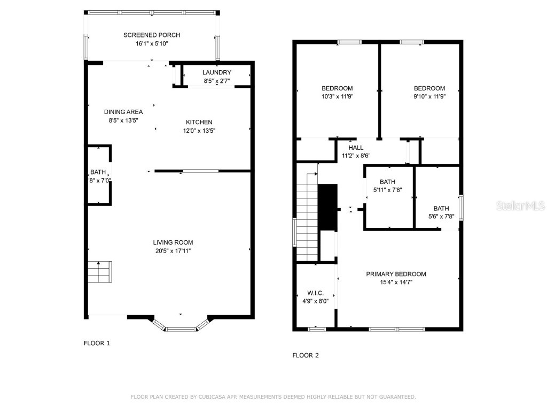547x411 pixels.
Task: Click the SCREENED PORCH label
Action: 152,35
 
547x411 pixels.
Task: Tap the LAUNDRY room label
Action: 216,73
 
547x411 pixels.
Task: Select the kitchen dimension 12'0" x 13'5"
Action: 199,131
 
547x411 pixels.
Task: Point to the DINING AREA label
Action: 123,112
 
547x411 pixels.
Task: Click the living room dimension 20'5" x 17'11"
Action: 173,250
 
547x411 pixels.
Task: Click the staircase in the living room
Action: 100,272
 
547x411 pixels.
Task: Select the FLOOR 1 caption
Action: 97,343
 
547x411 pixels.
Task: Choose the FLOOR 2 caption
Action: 306,355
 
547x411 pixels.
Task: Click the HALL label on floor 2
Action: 356,148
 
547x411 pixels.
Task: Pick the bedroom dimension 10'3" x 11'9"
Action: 337,97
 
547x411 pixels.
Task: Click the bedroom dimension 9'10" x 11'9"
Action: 429,97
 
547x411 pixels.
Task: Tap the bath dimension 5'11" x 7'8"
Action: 387,189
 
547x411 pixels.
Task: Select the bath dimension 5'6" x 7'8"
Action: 441,216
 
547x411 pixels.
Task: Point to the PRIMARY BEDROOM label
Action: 396,274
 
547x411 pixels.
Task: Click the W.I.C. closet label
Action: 315,293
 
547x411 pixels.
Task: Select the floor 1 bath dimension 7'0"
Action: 104,180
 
